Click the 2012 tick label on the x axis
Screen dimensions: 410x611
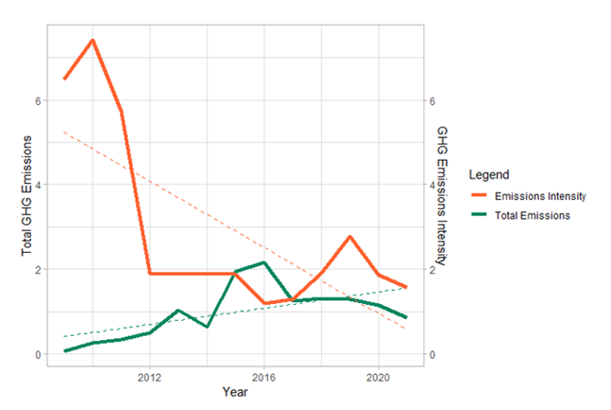150,377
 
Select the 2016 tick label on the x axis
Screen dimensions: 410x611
264,377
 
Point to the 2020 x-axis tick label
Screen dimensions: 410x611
379,377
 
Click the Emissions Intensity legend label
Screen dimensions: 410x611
548,196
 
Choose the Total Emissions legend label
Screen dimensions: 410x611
539,216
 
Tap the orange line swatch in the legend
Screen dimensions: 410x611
482,196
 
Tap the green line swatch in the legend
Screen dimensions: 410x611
482,216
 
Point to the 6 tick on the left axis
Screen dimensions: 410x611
39,100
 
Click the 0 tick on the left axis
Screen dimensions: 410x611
39,354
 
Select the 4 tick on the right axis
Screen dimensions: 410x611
431,185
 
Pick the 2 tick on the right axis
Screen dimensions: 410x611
431,270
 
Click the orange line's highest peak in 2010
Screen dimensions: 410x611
93,40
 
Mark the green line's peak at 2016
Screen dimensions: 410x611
264,262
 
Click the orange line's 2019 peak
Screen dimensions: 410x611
350,237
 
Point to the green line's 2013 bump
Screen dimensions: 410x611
178,311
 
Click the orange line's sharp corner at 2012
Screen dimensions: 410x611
150,274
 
